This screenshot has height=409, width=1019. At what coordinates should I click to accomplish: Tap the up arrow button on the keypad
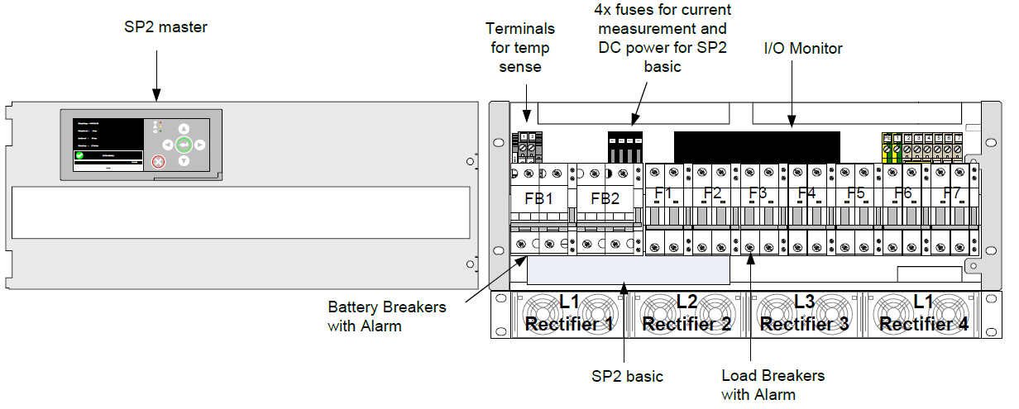[184, 129]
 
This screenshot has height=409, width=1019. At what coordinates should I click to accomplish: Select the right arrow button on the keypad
[199, 145]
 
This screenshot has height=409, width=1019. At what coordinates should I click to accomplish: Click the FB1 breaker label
[538, 199]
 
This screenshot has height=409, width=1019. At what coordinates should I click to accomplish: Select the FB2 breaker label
[605, 199]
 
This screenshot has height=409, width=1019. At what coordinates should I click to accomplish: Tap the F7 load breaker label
[953, 195]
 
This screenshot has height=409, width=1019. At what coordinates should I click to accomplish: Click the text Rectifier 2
[687, 324]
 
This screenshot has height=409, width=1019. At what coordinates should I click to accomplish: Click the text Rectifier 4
[924, 324]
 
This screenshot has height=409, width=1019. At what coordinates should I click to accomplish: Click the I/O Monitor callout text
[802, 49]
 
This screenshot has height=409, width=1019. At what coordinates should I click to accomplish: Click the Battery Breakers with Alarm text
[386, 316]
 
